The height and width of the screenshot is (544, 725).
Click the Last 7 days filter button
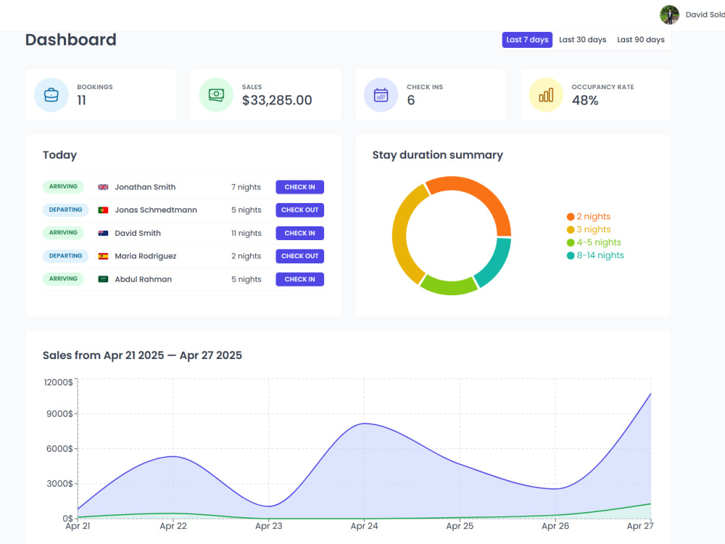527,40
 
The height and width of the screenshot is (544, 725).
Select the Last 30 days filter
583,40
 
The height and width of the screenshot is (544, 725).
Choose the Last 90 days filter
640,40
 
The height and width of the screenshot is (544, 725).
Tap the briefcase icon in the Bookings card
51,95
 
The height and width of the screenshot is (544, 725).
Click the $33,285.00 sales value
277,100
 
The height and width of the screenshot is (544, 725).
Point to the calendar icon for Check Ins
381,95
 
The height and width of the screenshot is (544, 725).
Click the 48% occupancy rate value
585,100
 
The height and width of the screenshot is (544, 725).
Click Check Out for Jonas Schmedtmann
299,210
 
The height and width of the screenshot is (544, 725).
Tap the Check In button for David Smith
299,233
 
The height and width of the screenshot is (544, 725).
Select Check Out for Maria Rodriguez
299,256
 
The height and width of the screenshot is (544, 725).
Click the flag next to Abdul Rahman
103,279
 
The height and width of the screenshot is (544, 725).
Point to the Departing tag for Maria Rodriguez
65,256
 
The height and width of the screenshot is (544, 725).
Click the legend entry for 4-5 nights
594,242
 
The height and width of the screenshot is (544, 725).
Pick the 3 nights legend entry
589,229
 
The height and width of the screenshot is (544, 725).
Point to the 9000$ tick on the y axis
59,413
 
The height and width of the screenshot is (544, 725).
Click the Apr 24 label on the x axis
365,526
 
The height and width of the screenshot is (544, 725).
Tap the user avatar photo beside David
669,15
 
